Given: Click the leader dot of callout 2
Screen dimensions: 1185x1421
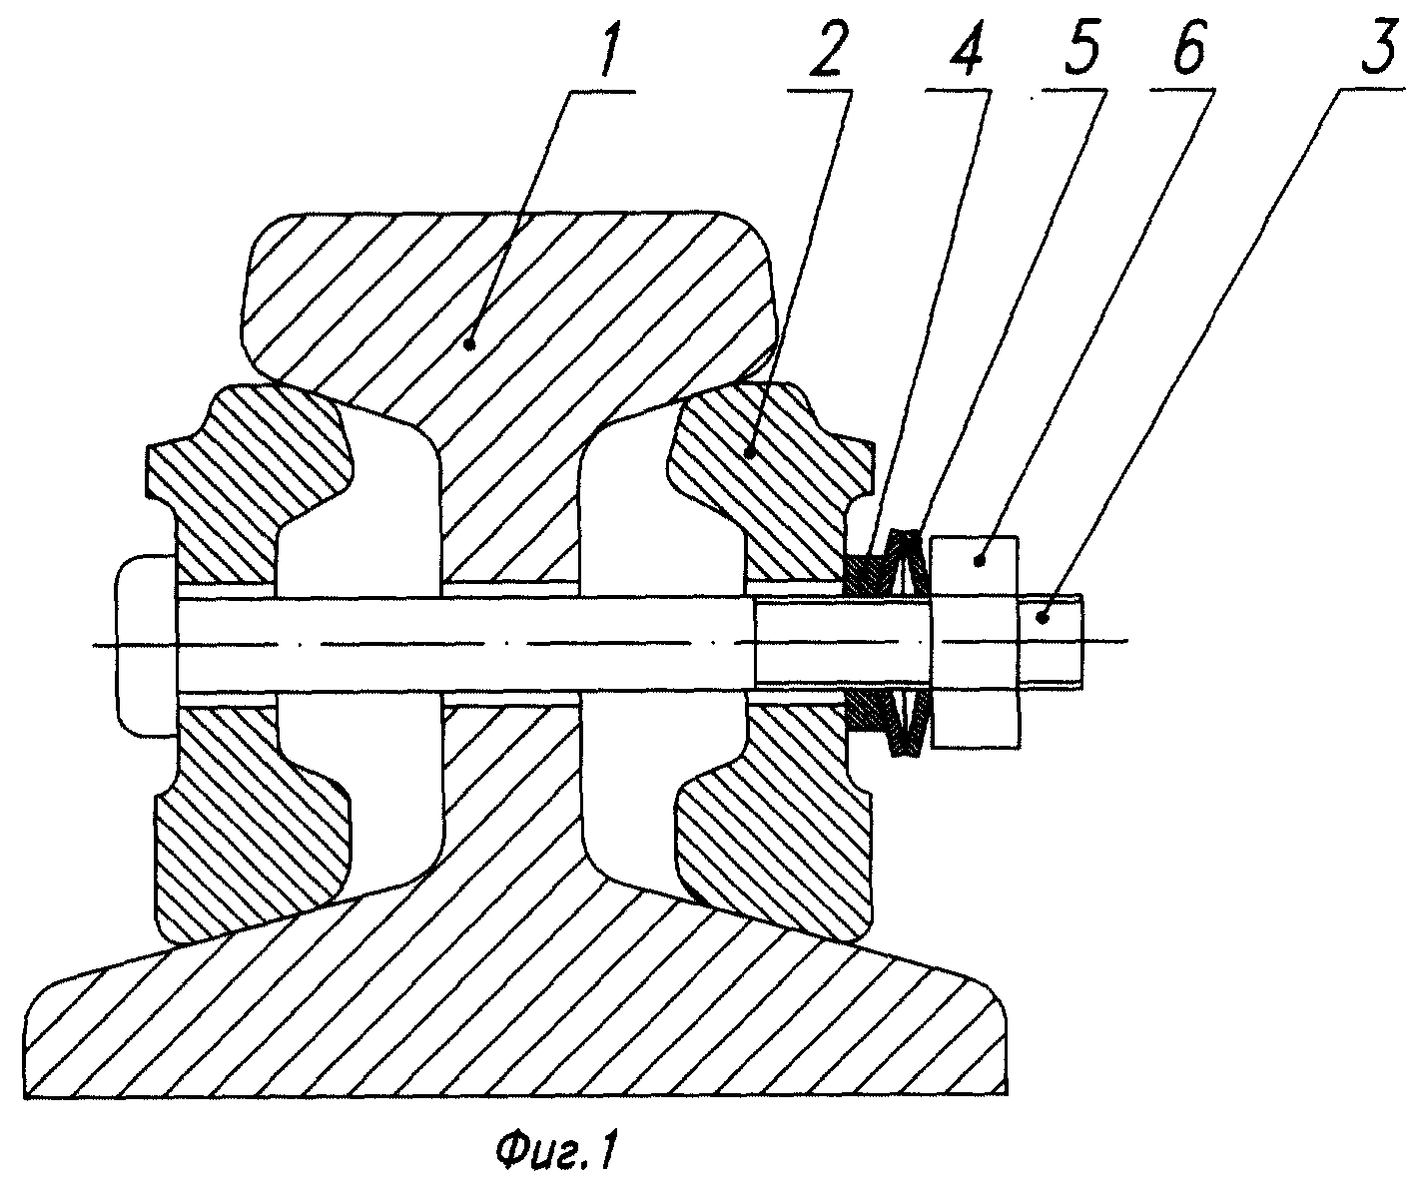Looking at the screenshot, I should click(749, 453).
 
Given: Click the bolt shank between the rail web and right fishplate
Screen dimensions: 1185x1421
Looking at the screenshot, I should click(659, 644).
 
